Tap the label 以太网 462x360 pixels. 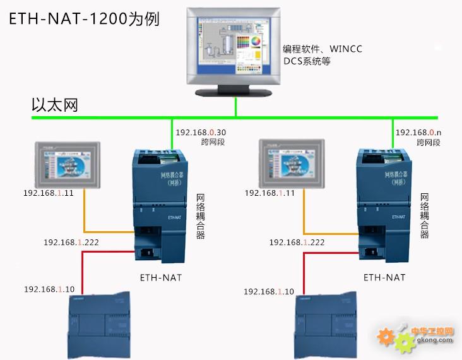(55, 105)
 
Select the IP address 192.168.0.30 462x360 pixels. (201, 133)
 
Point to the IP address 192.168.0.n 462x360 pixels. (417, 133)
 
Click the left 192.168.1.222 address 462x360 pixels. (71, 242)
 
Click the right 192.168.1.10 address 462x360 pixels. (269, 291)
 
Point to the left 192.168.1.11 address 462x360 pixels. (49, 193)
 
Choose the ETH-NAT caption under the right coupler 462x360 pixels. (384, 277)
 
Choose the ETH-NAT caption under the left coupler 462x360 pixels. (161, 277)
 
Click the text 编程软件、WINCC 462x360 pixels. (322, 49)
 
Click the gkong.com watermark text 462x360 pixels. (435, 342)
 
